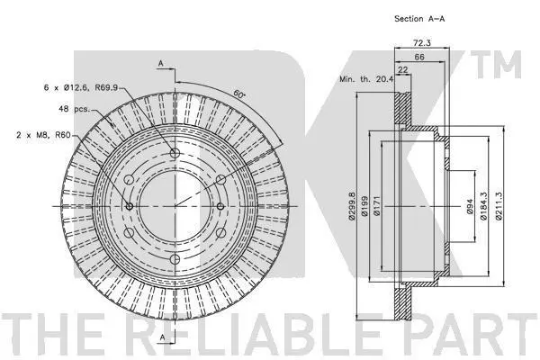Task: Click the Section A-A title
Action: [x=419, y=19]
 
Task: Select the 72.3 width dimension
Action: [x=422, y=42]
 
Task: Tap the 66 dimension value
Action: [x=419, y=57]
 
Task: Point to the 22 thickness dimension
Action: [x=402, y=69]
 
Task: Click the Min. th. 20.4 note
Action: [x=366, y=79]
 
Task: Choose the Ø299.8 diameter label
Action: [x=352, y=206]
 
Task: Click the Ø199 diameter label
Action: [x=364, y=206]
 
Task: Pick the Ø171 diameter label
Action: [x=376, y=206]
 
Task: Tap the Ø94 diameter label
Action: [x=470, y=206]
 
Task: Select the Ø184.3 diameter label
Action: [x=483, y=206]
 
